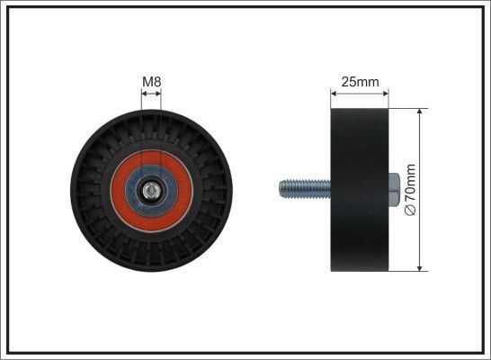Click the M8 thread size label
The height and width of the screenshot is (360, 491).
[152, 83]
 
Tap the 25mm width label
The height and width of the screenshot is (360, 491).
[359, 82]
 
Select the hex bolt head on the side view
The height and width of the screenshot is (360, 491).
[394, 189]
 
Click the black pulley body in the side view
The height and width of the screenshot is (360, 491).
[359, 189]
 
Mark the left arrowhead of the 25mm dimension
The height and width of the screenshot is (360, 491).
[335, 94]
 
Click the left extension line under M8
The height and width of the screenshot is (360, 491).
[143, 101]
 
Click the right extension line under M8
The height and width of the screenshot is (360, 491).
[162, 101]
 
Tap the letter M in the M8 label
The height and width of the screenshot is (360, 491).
[147, 83]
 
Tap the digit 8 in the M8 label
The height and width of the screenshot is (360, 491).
[157, 83]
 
